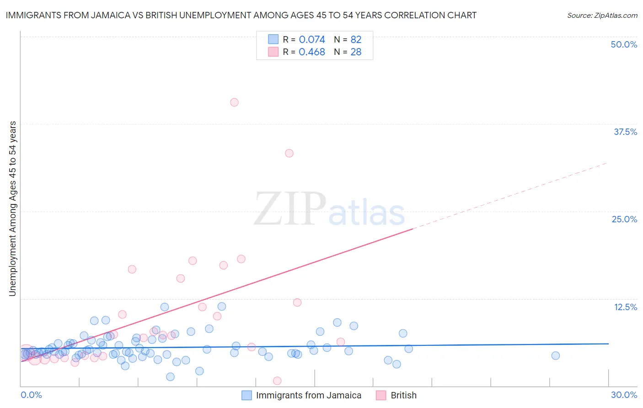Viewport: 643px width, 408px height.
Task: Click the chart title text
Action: point(241,15)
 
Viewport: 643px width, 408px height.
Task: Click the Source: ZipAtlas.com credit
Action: point(602,15)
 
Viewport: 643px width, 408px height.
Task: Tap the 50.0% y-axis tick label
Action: point(624,44)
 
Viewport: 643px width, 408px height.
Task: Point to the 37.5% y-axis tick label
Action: point(625,132)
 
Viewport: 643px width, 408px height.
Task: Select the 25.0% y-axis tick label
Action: point(624,219)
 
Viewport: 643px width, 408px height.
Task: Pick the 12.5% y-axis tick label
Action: point(625,307)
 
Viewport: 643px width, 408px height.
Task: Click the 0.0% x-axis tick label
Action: point(31,395)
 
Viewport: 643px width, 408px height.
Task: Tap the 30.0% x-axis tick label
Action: point(624,395)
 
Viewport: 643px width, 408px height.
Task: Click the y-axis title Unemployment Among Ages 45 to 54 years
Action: point(13,209)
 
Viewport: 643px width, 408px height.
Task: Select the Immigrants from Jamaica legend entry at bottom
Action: point(308,395)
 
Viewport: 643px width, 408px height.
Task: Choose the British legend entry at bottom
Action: point(403,395)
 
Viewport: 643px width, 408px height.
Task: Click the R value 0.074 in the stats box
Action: point(312,39)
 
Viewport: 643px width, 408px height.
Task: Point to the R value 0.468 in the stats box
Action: point(312,52)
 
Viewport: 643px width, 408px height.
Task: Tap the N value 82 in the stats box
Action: point(356,39)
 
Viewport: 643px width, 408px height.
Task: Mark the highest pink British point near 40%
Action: point(234,102)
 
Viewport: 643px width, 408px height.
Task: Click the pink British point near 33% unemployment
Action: point(289,153)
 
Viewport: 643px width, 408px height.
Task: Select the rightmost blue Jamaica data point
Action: point(556,355)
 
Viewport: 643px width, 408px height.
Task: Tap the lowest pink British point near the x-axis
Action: point(277,381)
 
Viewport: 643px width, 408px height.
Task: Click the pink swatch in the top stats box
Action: point(273,52)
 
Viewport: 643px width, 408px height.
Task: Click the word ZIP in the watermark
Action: point(290,209)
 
